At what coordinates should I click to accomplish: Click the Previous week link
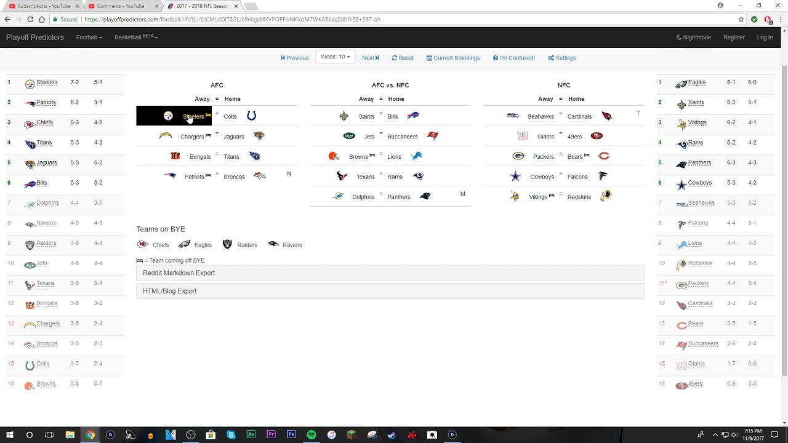coord(295,58)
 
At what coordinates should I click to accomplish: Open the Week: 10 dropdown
coord(335,57)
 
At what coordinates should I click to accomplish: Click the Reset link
coord(403,58)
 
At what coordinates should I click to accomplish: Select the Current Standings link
coord(453,58)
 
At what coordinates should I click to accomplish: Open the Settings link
coord(562,58)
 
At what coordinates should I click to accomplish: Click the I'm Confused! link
coord(514,58)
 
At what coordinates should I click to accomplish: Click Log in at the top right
coord(765,38)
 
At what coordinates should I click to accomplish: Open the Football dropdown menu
coord(89,38)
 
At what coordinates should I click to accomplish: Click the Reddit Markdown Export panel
coord(390,273)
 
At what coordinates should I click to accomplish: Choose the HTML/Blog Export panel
coord(390,291)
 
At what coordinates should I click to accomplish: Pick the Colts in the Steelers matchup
coord(230,116)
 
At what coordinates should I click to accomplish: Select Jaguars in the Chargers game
coord(234,137)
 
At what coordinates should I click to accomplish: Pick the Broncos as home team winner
coord(234,177)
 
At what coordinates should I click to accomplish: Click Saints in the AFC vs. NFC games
coord(366,116)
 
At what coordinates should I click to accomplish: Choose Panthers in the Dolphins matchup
coord(399,197)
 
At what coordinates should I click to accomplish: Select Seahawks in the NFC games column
coord(541,116)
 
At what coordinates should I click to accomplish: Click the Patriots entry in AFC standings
coord(46,103)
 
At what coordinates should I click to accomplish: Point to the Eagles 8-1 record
coord(731,82)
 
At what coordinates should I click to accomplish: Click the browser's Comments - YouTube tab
coord(120,6)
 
